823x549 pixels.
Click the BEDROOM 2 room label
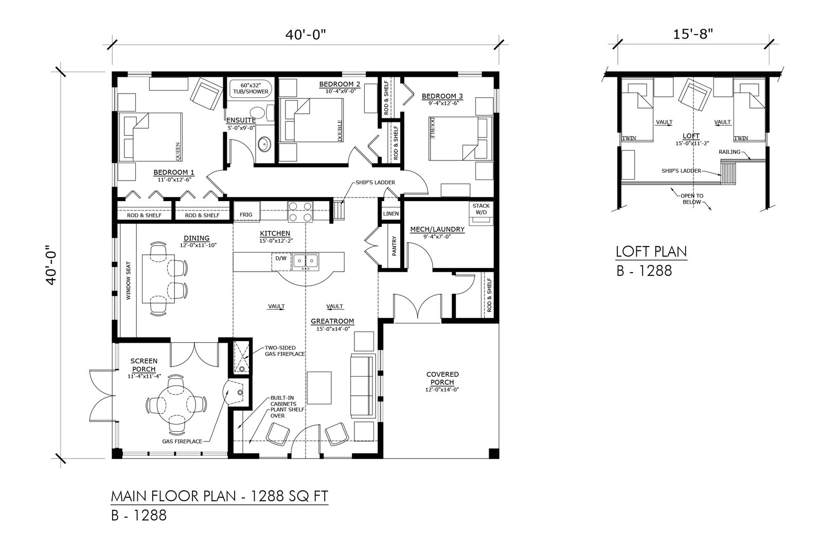[x=339, y=84]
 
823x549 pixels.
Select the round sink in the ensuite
[x=264, y=145]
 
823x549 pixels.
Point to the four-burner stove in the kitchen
[x=300, y=211]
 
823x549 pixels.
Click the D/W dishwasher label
[x=281, y=258]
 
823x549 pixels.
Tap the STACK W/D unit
[x=481, y=213]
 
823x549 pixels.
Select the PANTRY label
[x=394, y=245]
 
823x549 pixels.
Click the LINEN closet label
[x=390, y=214]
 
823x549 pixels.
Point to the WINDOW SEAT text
[x=129, y=280]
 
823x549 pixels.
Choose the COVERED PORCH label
[x=442, y=378]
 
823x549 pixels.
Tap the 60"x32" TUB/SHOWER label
[x=251, y=88]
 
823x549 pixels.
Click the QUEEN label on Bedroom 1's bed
[x=178, y=151]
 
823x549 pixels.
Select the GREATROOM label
[x=332, y=321]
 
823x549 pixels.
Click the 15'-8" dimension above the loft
[x=693, y=34]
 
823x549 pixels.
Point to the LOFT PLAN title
[x=651, y=252]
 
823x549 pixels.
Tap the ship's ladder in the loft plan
[x=729, y=172]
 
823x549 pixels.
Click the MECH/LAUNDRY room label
[x=437, y=229]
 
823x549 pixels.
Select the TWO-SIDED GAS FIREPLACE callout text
[x=285, y=350]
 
